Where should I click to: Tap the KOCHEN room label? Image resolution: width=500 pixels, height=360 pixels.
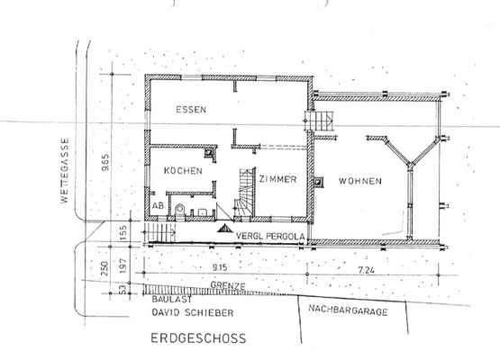pos(182,170)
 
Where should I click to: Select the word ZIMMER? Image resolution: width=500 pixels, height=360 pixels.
pos(277,179)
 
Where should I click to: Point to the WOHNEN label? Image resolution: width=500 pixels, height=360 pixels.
pos(359,180)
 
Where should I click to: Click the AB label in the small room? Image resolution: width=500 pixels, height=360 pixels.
pos(159,206)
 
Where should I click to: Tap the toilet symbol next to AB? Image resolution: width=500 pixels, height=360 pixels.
pos(180,209)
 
